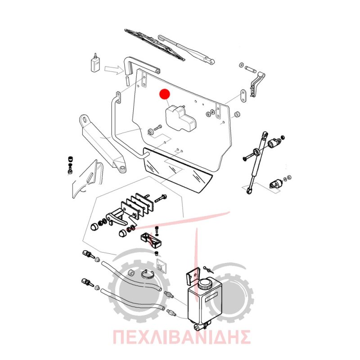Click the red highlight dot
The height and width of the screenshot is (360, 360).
165,94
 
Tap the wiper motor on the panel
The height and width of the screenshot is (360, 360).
180,118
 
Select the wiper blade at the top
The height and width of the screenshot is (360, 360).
154,45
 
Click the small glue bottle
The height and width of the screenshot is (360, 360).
95,63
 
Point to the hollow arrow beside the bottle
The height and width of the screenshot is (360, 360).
114,69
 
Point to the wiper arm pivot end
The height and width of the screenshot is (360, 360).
211,62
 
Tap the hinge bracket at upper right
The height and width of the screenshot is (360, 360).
256,85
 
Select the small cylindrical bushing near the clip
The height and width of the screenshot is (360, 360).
131,273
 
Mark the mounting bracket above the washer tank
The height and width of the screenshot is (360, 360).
193,277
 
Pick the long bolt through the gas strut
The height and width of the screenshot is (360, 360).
250,155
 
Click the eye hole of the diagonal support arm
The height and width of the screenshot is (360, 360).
85,120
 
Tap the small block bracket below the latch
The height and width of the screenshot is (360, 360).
152,241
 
